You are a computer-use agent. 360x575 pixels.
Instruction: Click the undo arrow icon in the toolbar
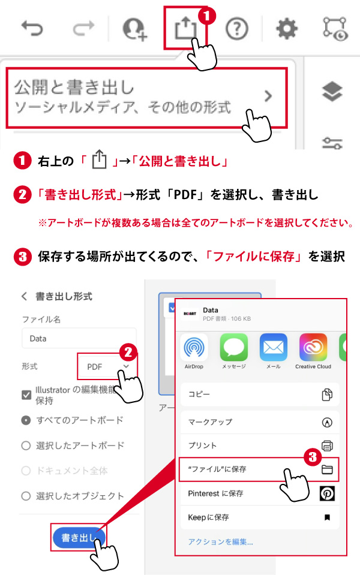(x=32, y=29)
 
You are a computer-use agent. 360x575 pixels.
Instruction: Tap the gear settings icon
(x=287, y=29)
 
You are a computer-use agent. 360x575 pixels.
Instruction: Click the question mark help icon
(x=236, y=29)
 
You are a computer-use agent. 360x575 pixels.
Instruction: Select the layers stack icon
(x=332, y=91)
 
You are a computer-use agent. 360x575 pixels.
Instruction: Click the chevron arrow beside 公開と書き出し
(x=269, y=96)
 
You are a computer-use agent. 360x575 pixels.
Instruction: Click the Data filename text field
(x=79, y=338)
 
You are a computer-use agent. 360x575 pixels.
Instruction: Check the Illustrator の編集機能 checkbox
(x=26, y=395)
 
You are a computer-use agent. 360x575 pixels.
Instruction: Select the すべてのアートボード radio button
(x=26, y=420)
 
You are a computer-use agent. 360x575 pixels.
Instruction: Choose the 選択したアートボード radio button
(x=26, y=445)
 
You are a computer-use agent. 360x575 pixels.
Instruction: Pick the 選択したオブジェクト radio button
(x=26, y=496)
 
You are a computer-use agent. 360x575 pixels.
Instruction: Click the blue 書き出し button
(x=79, y=538)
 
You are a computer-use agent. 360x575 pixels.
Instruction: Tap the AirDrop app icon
(x=194, y=347)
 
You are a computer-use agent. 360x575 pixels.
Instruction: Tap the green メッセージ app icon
(x=234, y=347)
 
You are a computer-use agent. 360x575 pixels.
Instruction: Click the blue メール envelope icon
(x=274, y=347)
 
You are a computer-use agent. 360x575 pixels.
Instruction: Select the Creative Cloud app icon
(x=313, y=347)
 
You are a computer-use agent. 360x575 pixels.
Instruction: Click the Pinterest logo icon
(x=327, y=493)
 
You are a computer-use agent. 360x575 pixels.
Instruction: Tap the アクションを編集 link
(x=221, y=541)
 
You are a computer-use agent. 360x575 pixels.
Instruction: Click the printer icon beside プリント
(x=327, y=445)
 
